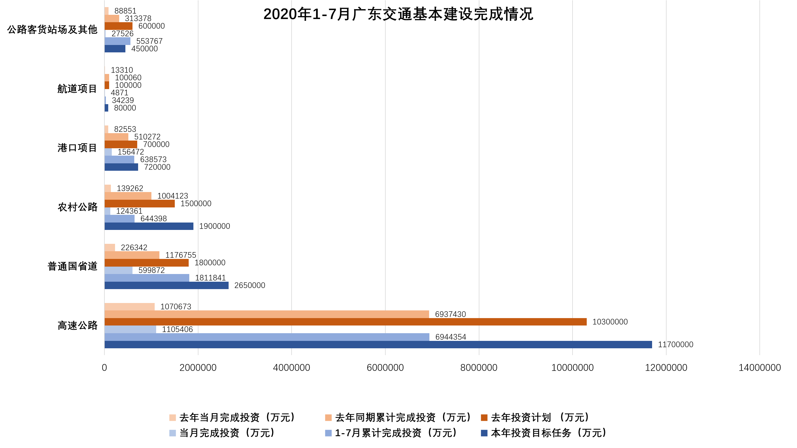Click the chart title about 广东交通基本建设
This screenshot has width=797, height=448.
398,14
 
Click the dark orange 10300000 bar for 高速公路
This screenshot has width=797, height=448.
345,322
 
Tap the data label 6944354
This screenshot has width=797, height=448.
450,337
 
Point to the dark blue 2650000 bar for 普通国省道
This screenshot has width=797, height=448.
166,286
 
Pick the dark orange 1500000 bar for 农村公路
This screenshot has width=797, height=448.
140,203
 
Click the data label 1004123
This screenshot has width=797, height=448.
173,196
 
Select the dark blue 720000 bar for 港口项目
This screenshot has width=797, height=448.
121,167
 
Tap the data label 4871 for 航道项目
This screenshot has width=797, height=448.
119,93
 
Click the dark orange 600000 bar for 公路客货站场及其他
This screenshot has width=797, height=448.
119,26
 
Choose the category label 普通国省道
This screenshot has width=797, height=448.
72,266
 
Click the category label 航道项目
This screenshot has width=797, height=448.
77,89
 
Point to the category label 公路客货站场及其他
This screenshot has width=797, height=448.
52,30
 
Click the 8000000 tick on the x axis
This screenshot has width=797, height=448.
478,368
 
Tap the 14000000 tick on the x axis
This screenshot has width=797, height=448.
759,368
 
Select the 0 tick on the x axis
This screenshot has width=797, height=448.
104,368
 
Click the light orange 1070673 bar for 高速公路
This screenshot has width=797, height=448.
129,307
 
